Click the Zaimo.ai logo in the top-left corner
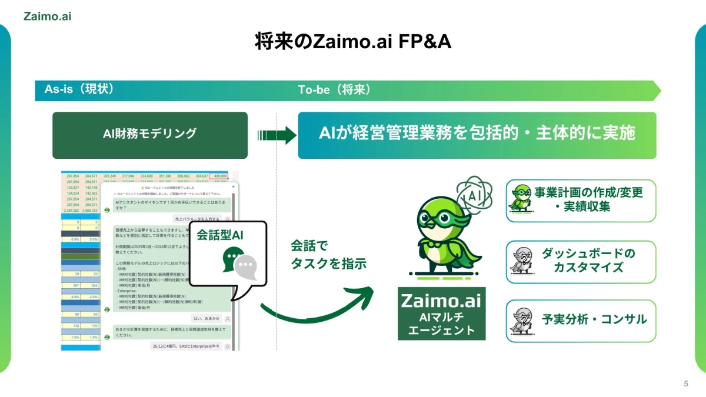click(48, 16)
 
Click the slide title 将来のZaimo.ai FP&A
click(353, 42)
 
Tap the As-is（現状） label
click(79, 89)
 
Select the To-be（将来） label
click(334, 90)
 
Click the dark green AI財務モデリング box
click(149, 135)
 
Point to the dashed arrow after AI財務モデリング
click(277, 135)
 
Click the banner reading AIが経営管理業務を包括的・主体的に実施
click(477, 135)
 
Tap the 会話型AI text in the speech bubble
click(219, 235)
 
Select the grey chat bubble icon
click(246, 268)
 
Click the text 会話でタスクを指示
click(328, 254)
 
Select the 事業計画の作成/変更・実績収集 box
click(581, 201)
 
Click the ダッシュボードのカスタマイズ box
click(581, 261)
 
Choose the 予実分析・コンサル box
click(581, 320)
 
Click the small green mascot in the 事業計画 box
click(521, 198)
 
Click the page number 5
click(685, 383)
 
